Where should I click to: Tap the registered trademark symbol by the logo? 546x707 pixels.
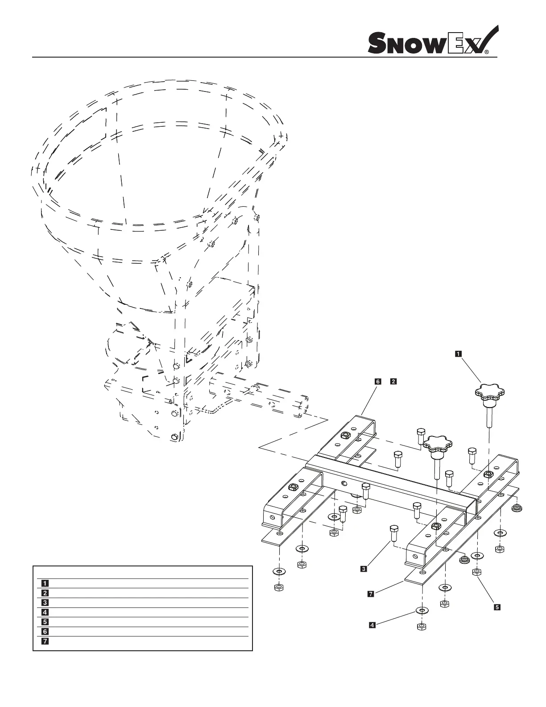[x=487, y=52]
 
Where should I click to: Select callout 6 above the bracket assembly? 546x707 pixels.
[x=378, y=382]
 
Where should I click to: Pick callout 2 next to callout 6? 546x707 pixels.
[x=393, y=382]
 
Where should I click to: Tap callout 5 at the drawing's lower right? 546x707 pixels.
[x=496, y=607]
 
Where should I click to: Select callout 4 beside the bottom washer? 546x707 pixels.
[x=372, y=625]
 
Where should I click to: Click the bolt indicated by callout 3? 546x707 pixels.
[x=393, y=532]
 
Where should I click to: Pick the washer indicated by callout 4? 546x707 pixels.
[x=421, y=610]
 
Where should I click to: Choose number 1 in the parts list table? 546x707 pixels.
[x=45, y=583]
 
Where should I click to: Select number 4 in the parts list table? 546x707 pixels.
[x=45, y=612]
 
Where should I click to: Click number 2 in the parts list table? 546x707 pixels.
[x=45, y=593]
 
